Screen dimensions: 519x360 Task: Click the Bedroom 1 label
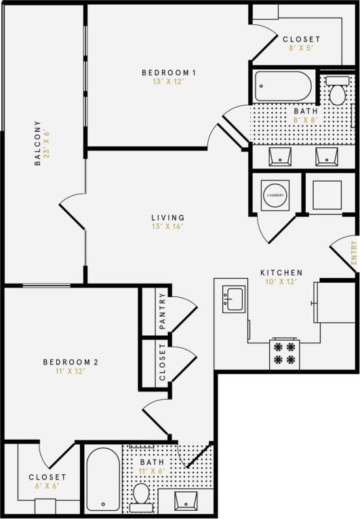pos(169,73)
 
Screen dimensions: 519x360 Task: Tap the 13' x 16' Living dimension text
pos(167,227)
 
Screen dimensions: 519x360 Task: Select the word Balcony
pos(38,143)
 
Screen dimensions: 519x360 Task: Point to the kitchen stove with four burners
pos(285,353)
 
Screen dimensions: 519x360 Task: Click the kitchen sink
pos(234,299)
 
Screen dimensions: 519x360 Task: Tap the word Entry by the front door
pos(353,253)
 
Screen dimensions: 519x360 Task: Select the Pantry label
pos(162,310)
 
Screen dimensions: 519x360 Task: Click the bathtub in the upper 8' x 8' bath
pos(283,87)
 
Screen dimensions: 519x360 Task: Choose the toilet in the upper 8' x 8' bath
pos(337,91)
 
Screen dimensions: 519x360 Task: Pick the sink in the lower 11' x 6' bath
pos(186,502)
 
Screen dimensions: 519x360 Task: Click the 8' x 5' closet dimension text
pos(301,49)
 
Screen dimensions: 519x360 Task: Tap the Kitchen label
pos(281,273)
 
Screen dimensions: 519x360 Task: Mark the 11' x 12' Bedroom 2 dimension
pos(76,372)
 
